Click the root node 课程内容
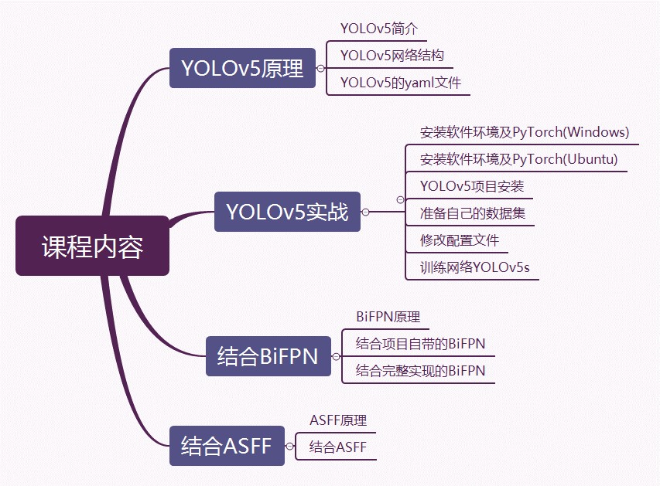(x=92, y=246)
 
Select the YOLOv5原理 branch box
(x=242, y=68)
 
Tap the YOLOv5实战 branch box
(x=287, y=211)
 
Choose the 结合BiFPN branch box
(x=268, y=356)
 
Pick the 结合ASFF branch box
(x=227, y=446)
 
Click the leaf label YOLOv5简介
(x=379, y=29)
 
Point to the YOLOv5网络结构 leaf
(x=392, y=55)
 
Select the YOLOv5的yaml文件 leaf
(x=400, y=82)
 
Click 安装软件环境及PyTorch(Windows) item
(x=525, y=132)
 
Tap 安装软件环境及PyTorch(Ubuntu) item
(x=518, y=159)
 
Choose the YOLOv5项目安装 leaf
(x=472, y=186)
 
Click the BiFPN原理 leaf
(x=388, y=317)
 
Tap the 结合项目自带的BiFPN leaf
(x=420, y=343)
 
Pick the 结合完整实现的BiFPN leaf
(x=420, y=371)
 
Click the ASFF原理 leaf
(x=338, y=420)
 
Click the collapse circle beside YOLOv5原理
(x=320, y=69)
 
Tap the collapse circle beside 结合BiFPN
(x=336, y=356)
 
